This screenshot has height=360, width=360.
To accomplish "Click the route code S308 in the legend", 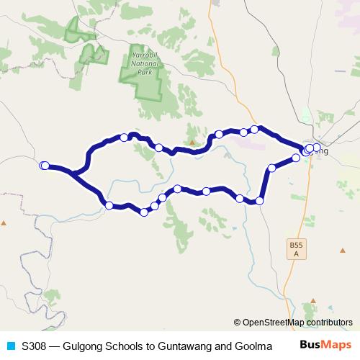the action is point(35,346).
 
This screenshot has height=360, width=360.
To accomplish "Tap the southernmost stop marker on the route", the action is point(145,212).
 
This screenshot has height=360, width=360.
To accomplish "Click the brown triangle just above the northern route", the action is point(192,132).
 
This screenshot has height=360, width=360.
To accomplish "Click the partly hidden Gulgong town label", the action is point(321,152).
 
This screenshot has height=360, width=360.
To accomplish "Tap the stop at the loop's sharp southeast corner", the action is point(259,200).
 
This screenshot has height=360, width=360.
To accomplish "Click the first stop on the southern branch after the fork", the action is point(109,205).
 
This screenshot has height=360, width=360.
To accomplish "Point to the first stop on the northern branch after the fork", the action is point(125,137).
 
